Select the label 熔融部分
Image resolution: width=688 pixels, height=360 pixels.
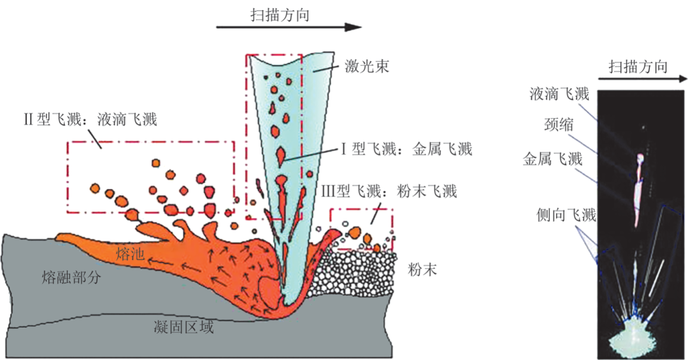coord(71,277)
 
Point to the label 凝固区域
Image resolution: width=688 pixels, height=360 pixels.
coord(184,328)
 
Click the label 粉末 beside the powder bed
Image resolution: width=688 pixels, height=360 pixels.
coord(422,270)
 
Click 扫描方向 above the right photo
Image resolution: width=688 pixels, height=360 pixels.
coord(638,66)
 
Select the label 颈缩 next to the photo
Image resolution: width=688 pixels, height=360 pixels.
coord(558,125)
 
